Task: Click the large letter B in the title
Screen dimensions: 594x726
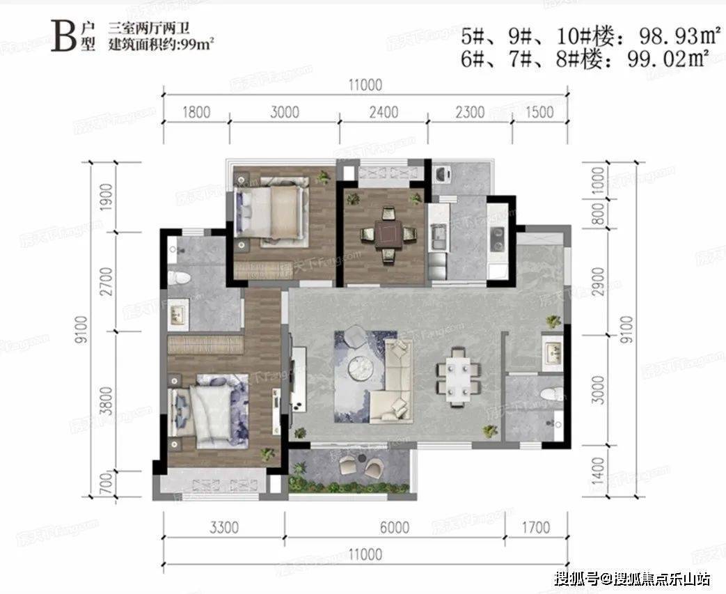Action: [63, 37]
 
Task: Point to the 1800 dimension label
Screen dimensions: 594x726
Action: [195, 111]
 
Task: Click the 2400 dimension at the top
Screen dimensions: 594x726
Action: [383, 111]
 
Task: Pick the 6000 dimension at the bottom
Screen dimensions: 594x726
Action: [395, 527]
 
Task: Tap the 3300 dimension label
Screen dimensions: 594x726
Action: [223, 527]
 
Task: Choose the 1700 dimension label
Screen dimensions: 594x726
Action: [535, 527]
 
